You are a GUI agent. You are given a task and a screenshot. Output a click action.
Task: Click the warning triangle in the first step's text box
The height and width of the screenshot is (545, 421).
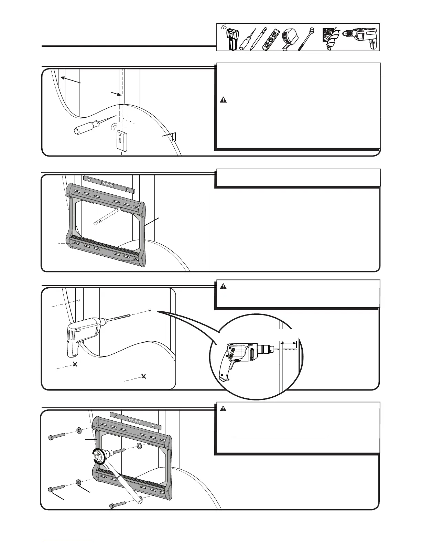click(x=224, y=100)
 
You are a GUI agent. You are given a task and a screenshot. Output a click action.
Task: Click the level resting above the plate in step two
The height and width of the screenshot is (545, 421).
click(x=108, y=184)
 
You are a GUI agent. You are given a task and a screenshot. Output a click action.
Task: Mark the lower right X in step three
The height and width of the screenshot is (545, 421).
click(x=144, y=376)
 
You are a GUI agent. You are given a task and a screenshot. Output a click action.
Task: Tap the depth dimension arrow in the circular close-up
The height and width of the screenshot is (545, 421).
click(x=289, y=343)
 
